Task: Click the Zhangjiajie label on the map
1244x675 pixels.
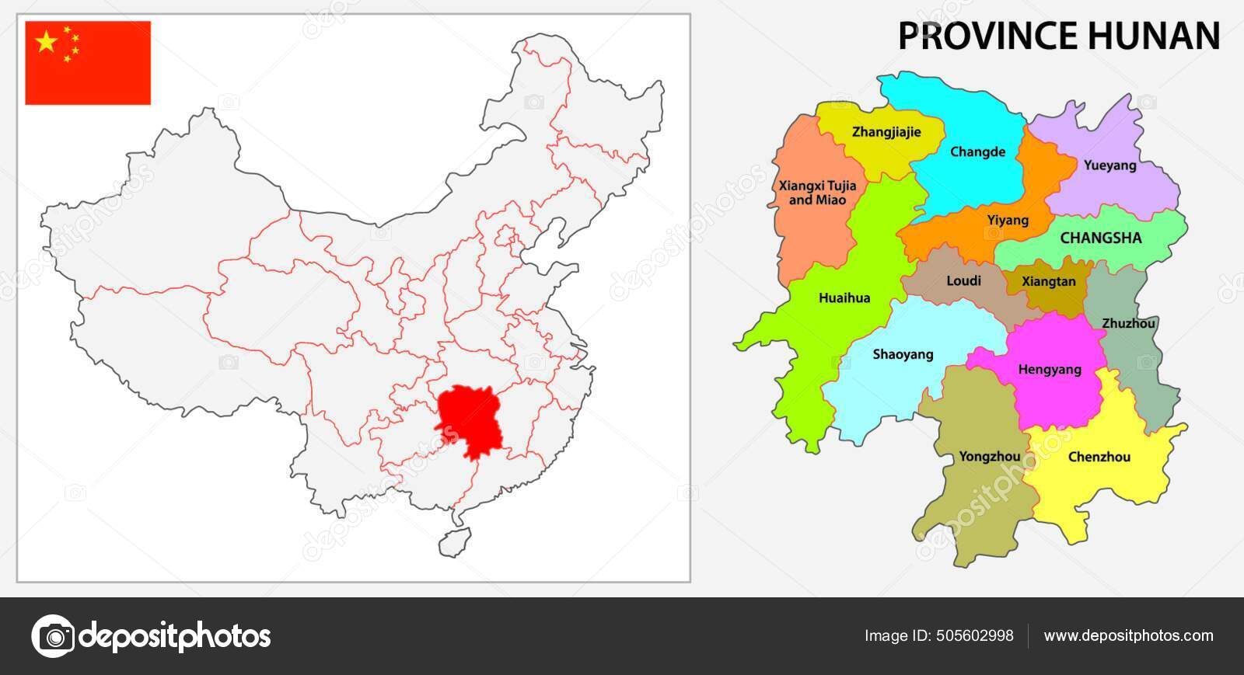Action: (886, 132)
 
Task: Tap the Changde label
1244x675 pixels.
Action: (977, 152)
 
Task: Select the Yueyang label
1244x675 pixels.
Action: (1109, 165)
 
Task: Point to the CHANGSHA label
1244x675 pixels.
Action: (1101, 238)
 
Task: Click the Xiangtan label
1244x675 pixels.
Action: (1048, 282)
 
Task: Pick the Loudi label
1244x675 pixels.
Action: (963, 281)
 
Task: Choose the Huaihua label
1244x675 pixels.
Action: (844, 298)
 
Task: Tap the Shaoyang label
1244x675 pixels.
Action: (903, 355)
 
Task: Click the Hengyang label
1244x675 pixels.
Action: (1050, 370)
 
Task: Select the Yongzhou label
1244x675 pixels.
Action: (989, 457)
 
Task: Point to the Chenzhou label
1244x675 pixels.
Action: (1099, 457)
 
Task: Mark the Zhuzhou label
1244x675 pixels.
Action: (1128, 324)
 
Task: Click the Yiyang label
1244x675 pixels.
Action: (1008, 221)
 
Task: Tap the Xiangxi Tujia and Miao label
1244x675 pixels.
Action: (817, 193)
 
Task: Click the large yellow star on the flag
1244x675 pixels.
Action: (47, 43)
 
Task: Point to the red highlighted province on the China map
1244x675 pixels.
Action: (466, 419)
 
